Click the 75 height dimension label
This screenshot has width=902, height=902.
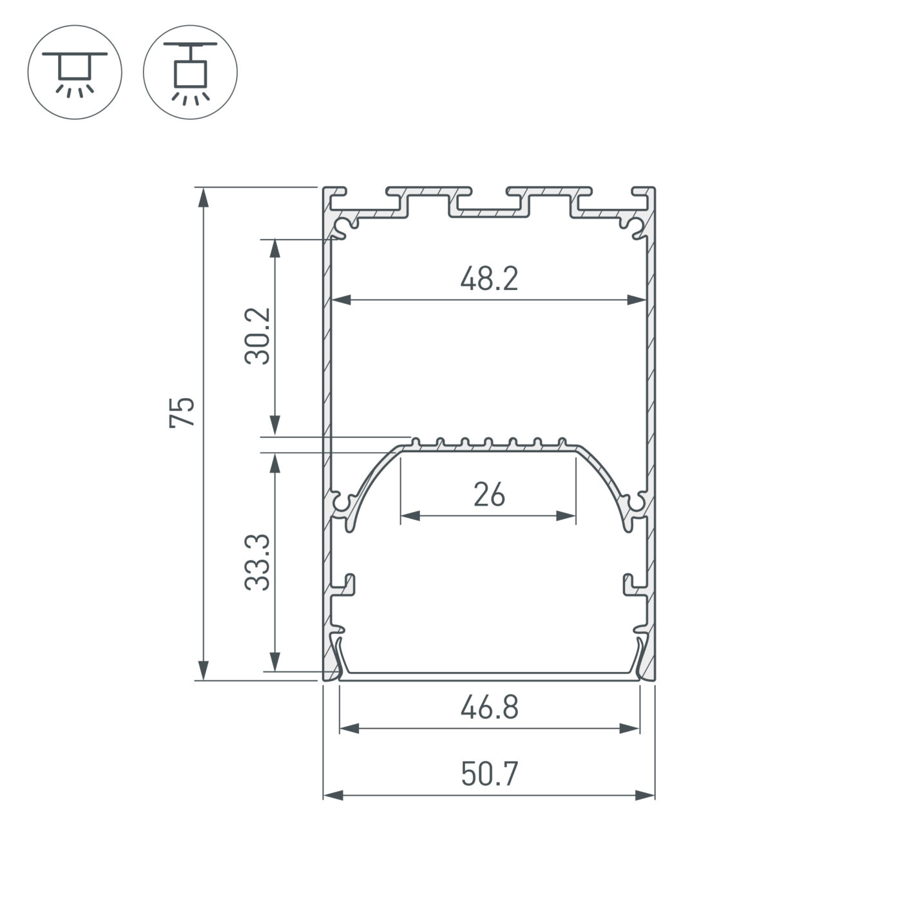(x=182, y=412)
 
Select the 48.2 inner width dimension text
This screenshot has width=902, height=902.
(x=489, y=279)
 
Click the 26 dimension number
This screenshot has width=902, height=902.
(x=489, y=495)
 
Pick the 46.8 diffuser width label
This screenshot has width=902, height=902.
(x=489, y=707)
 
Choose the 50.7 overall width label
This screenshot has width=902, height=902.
(x=489, y=774)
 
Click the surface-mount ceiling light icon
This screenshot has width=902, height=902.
(x=74, y=72)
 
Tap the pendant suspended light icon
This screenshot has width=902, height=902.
(x=190, y=72)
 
